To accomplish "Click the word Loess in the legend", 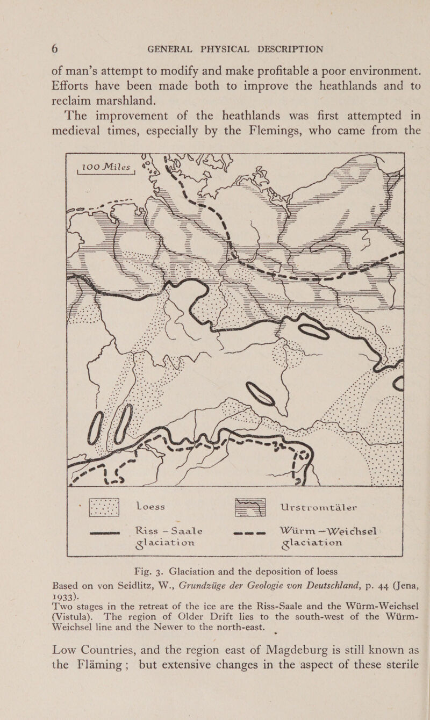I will coord(156,506).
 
